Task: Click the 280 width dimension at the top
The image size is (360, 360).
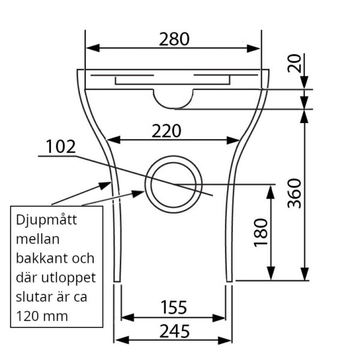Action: tap(174, 39)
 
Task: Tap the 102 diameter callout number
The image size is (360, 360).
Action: tap(61, 146)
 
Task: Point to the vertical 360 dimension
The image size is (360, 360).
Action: tap(294, 193)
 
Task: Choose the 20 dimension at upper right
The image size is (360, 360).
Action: tap(294, 62)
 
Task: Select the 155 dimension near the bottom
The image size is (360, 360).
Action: tap(174, 307)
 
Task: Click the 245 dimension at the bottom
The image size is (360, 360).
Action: tap(174, 330)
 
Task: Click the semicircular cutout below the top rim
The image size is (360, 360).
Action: tap(174, 97)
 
